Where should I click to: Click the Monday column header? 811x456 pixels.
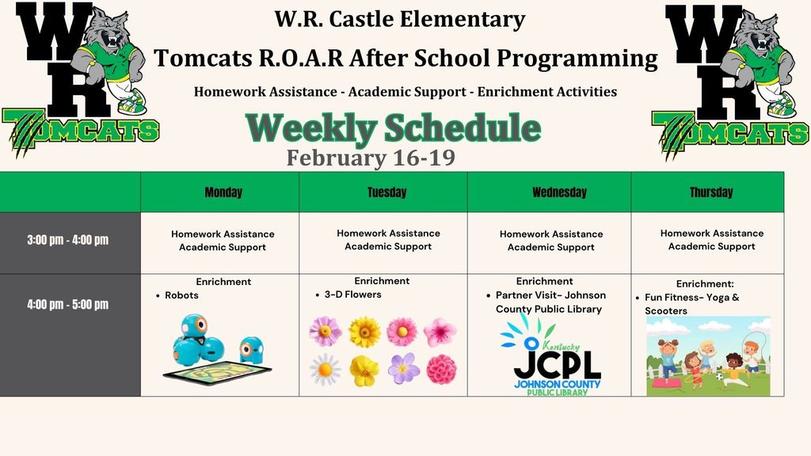point(223,192)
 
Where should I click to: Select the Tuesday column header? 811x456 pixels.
point(386,192)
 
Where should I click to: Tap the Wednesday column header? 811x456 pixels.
point(560,192)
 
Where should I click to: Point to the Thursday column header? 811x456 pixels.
point(711,192)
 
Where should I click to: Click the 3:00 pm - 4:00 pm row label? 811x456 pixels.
point(68,240)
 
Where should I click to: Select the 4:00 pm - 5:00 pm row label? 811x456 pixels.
point(68,304)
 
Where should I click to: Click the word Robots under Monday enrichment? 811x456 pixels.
point(181,295)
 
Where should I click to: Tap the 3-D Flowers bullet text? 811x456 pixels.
point(352,294)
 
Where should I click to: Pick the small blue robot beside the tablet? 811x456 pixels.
point(251,349)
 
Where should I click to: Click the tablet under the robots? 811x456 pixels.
point(217,372)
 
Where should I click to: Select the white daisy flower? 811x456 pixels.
point(325,370)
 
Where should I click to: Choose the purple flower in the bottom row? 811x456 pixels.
point(403,368)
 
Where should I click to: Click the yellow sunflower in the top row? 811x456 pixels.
point(364,332)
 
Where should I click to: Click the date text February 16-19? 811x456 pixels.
point(371,158)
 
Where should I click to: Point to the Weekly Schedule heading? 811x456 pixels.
point(393,127)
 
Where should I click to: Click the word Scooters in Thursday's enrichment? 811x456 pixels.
point(666,310)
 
